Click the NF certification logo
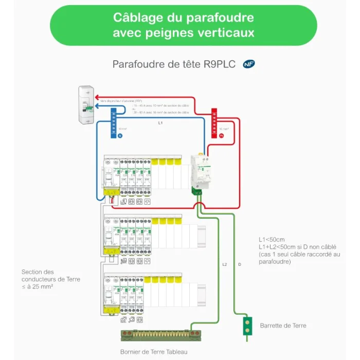(249, 64)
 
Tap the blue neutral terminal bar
(113, 123)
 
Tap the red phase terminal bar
(215, 123)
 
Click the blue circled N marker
(120, 136)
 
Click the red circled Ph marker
(222, 136)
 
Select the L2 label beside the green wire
(225, 264)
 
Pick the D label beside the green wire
(240, 264)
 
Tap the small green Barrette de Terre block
(248, 326)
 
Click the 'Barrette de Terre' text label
(283, 326)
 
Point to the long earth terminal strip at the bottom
(159, 334)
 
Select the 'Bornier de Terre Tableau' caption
(154, 352)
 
